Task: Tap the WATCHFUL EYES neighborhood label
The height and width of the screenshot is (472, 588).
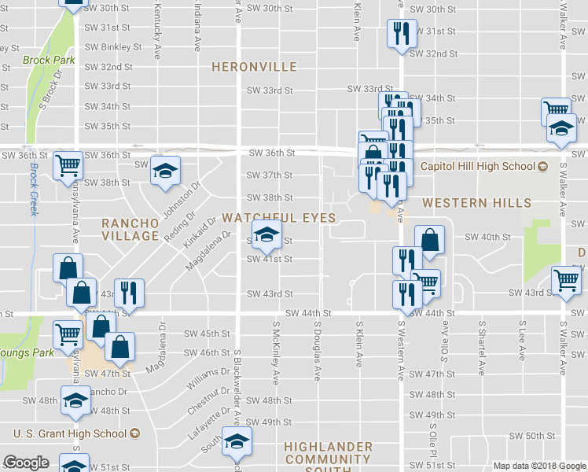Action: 279,217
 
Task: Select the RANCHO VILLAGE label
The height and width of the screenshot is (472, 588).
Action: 130,230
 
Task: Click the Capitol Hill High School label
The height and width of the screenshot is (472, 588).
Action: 476,166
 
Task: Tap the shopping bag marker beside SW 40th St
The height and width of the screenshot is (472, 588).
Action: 430,240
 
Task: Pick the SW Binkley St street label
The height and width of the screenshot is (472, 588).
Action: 112,47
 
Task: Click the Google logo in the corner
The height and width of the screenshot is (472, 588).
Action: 26,463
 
